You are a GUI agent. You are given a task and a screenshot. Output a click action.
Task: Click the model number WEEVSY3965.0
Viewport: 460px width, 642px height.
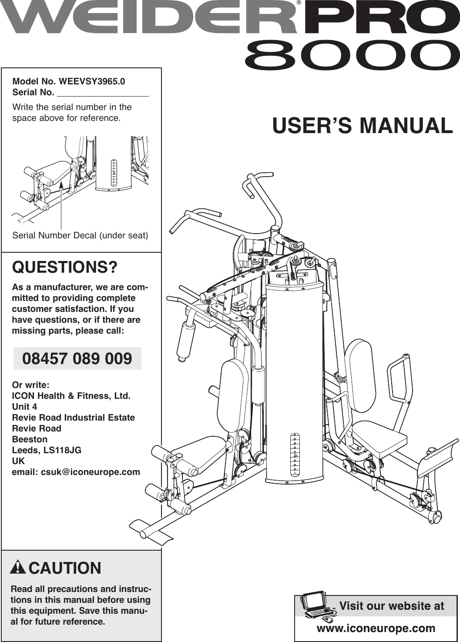coord(92,81)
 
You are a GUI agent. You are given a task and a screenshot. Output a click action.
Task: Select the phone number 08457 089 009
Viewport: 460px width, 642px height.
coord(77,359)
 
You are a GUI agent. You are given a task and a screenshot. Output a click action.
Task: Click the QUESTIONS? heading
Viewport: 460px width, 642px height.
coord(65,267)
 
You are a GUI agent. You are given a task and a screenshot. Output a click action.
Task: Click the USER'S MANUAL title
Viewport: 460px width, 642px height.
coord(362,126)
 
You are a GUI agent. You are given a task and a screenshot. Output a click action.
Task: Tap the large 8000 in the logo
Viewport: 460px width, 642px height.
coord(349,56)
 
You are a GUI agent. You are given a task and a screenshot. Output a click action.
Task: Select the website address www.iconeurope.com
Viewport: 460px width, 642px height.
coord(376,628)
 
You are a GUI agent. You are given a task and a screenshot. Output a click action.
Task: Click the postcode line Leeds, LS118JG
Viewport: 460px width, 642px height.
coord(47,450)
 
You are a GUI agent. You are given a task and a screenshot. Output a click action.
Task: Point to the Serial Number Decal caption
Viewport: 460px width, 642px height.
coord(80,235)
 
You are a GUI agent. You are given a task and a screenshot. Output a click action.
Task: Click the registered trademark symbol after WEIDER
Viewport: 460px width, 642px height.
coord(299,3)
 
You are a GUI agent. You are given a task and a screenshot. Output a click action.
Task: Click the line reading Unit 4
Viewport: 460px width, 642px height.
coord(24,407)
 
